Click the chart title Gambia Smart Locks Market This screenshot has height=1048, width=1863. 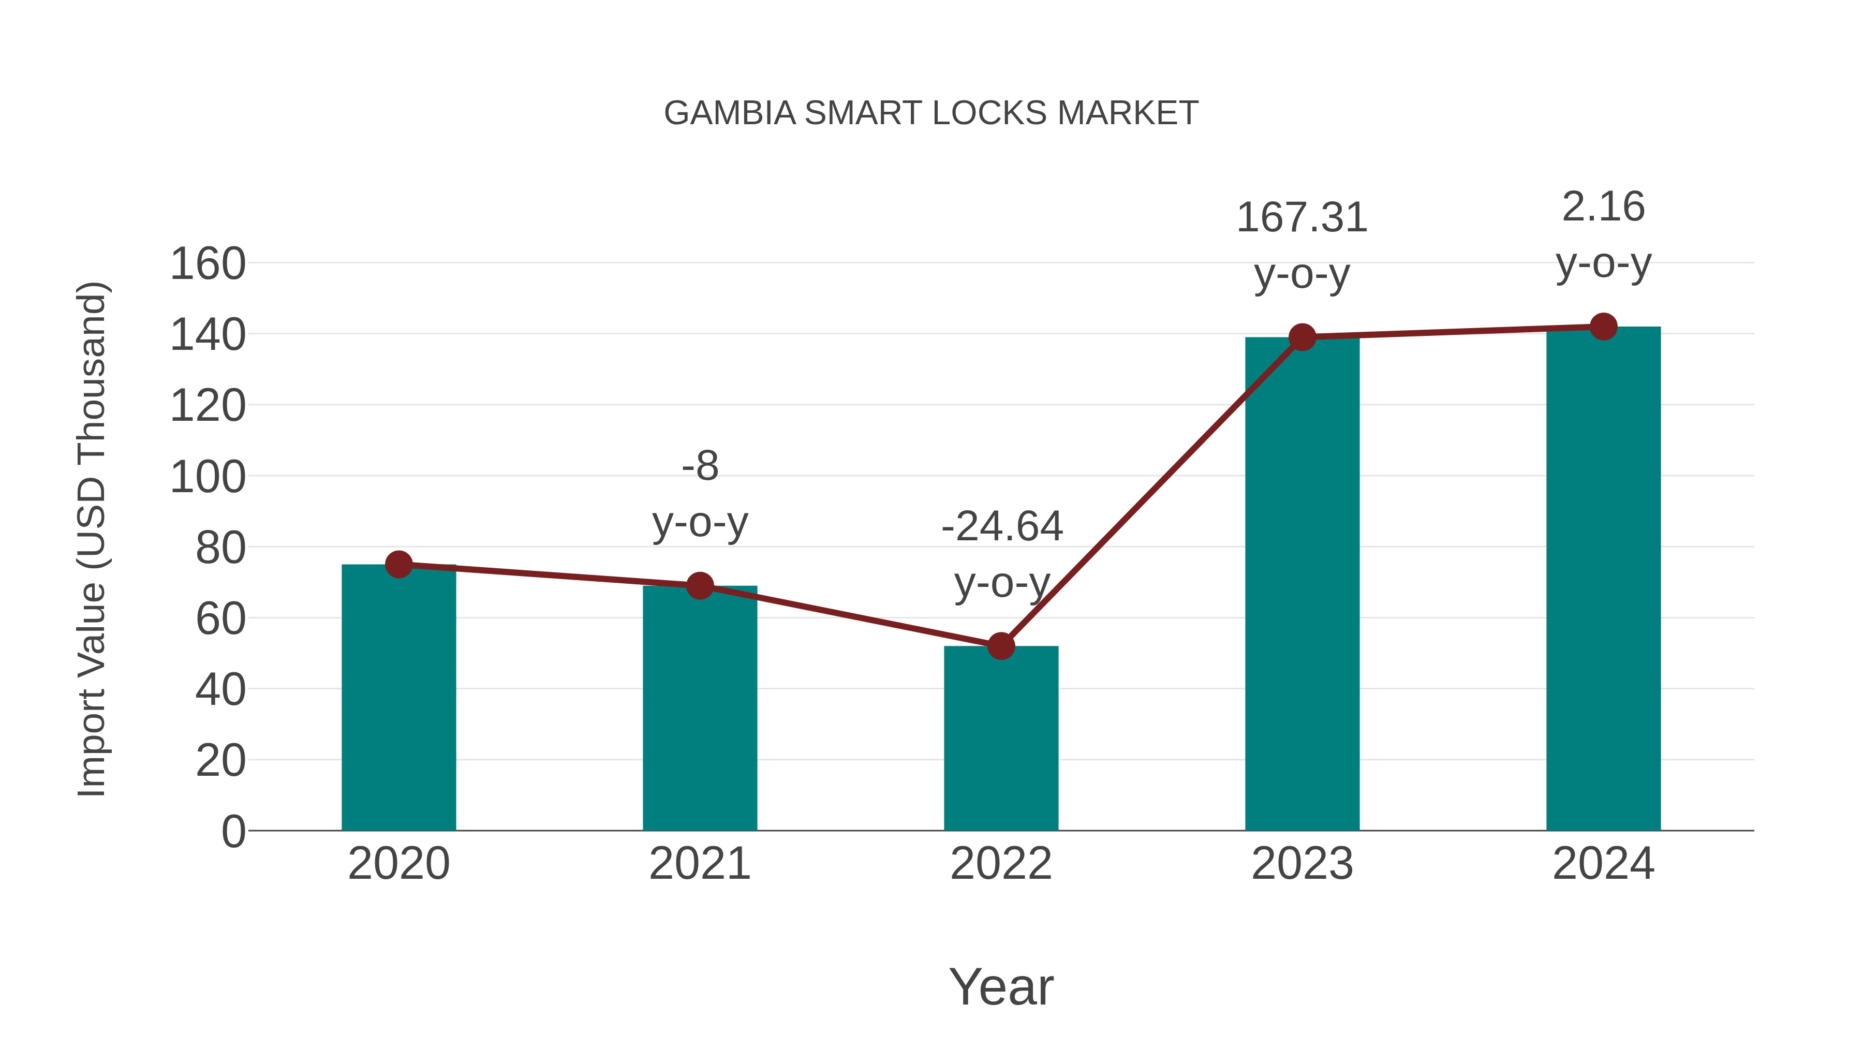pos(931,113)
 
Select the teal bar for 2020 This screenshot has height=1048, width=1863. pos(398,698)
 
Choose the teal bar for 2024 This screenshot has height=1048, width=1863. pos(1603,579)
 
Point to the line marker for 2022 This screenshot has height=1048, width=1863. pos(1001,646)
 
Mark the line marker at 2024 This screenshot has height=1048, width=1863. pos(1603,327)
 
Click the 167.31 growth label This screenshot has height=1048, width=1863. pos(1302,218)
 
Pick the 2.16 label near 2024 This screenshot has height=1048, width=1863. pos(1603,208)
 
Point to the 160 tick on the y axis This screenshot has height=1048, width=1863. pos(208,264)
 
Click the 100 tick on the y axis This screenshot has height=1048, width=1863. pos(208,477)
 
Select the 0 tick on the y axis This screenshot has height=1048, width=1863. pos(233,832)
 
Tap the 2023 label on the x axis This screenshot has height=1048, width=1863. pos(1302,864)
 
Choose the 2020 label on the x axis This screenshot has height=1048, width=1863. pos(398,864)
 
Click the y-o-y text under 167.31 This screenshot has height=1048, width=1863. pos(1302,275)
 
